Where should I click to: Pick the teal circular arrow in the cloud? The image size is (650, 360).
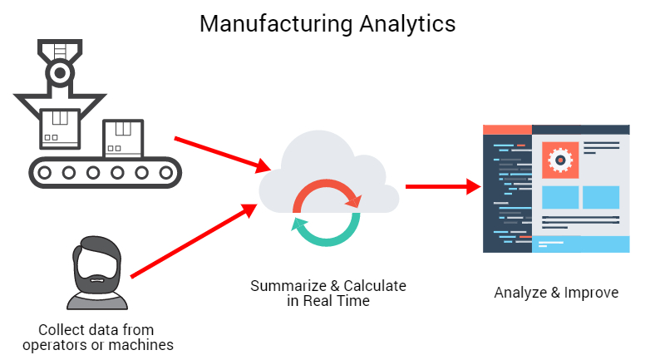[x=325, y=228]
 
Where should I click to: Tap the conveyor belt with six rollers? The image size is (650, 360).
[x=103, y=172]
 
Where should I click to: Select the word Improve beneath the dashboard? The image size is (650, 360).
[x=593, y=293]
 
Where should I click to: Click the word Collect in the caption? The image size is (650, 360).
[x=60, y=329]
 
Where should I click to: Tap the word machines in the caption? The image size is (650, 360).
[x=147, y=344]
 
